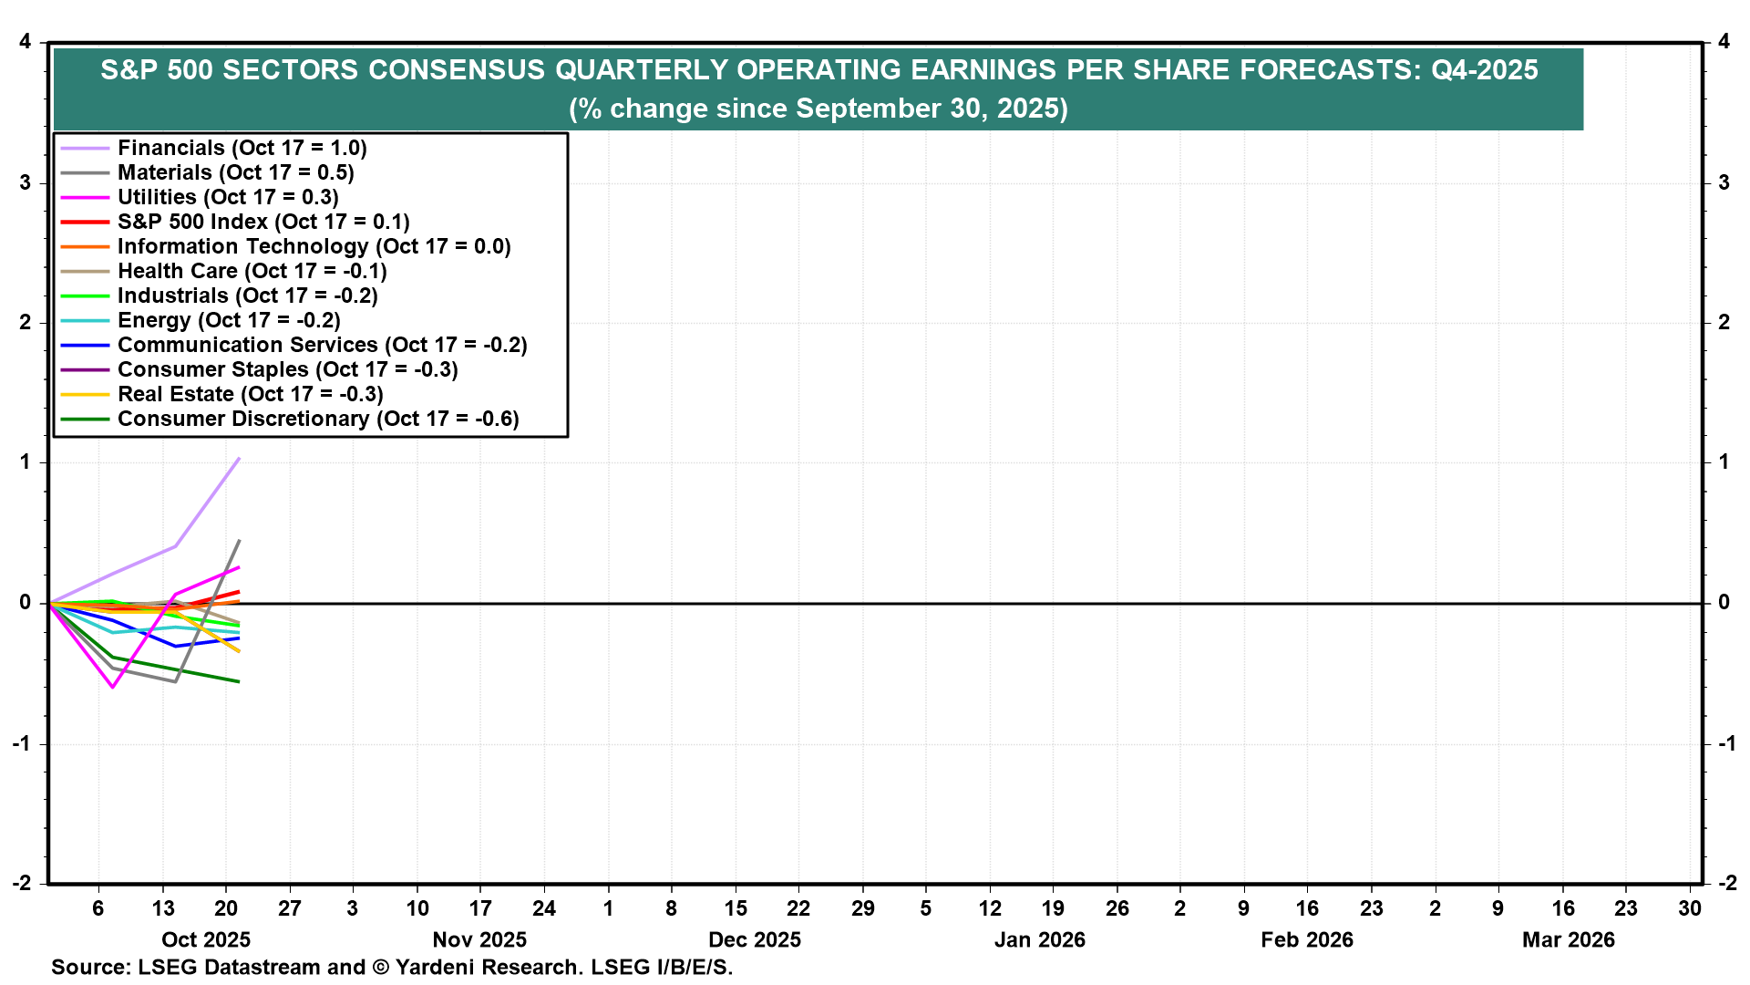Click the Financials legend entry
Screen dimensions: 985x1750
pos(242,148)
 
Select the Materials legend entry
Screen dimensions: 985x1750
pos(235,172)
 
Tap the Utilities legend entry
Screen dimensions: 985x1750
pos(228,197)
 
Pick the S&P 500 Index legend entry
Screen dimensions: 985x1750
pos(263,222)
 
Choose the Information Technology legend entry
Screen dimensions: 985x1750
pos(314,246)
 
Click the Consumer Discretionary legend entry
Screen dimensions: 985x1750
pos(318,419)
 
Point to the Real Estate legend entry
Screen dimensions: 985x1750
pos(250,394)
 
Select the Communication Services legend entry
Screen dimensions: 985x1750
pos(322,345)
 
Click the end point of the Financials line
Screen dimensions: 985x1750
pos(239,458)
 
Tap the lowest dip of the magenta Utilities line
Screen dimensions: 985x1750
pos(113,687)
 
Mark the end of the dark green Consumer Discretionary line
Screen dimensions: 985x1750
pos(239,681)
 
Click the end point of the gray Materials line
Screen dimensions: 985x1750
pos(239,541)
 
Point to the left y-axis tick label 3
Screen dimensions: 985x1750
pos(25,182)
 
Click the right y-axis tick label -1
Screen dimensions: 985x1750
pos(1726,743)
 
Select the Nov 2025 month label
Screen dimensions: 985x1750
pos(479,940)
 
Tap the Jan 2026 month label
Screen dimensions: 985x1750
pos(1039,940)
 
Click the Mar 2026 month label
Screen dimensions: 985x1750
pos(1568,940)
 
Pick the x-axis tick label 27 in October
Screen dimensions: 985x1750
pos(290,908)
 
